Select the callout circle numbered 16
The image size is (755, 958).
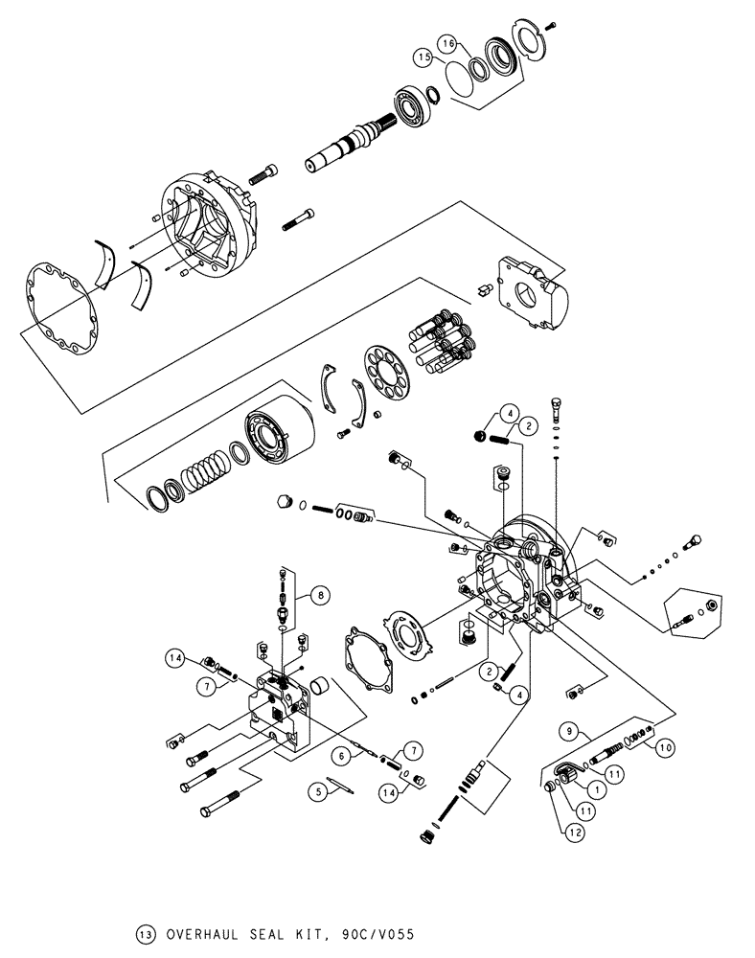[x=447, y=43]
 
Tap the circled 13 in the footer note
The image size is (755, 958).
[x=146, y=931]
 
